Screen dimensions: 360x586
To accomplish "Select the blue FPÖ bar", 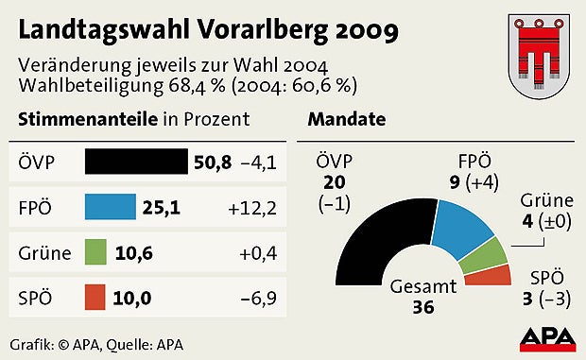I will (110, 207).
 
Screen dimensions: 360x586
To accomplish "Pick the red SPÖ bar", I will (95, 298).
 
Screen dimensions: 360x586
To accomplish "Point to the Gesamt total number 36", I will (424, 306).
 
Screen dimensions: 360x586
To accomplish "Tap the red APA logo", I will (546, 338).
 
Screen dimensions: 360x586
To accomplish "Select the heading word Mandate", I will (346, 120).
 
